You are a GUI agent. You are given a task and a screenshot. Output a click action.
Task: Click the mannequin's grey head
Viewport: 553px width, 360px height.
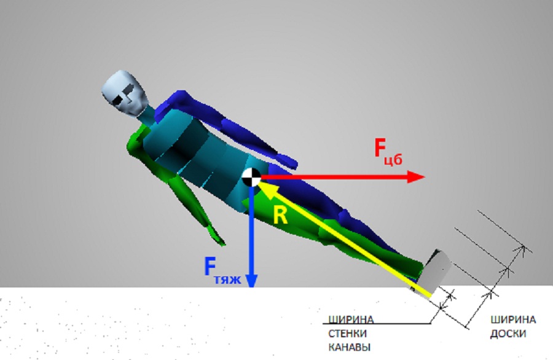click(124, 92)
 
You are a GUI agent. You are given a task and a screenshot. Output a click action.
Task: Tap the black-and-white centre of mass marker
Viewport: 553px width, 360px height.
click(251, 178)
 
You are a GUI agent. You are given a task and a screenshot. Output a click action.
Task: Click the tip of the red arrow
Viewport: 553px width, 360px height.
click(425, 177)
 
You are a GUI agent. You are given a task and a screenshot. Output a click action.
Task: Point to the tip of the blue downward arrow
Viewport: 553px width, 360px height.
click(251, 287)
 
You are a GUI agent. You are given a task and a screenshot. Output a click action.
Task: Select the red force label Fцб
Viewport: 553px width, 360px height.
click(388, 152)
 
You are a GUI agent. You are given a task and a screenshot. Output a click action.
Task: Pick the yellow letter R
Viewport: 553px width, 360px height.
click(280, 216)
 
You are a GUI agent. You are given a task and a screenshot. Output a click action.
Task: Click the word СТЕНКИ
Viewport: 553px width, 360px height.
click(347, 334)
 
